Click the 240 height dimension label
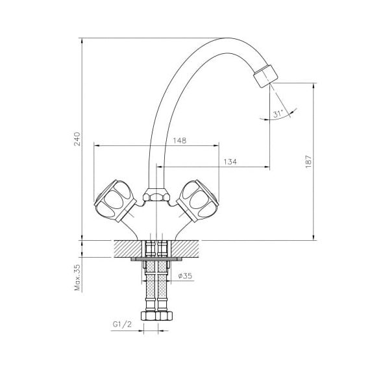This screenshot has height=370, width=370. click(77, 139)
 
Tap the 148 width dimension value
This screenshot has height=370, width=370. click(180, 141)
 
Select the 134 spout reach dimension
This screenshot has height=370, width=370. click(230, 162)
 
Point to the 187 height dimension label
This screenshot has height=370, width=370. click(308, 162)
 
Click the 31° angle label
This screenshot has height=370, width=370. click(278, 114)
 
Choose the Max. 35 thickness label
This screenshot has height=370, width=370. click(77, 277)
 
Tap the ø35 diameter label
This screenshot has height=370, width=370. click(185, 276)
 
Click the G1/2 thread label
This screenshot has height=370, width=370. click(122, 325)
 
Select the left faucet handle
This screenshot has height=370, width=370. click(115, 201)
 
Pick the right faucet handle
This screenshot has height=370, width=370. click(198, 201)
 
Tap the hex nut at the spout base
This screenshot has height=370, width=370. click(156, 195)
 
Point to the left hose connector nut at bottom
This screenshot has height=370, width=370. click(149, 316)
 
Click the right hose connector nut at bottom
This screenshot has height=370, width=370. click(164, 316)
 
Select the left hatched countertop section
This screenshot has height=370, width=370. click(128, 249)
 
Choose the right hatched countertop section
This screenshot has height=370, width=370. click(185, 249)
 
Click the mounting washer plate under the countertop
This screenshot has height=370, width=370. click(156, 259)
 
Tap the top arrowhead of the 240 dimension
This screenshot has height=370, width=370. click(82, 41)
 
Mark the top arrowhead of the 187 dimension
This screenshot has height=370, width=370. click(314, 86)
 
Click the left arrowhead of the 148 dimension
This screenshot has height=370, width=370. click(97, 146)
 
